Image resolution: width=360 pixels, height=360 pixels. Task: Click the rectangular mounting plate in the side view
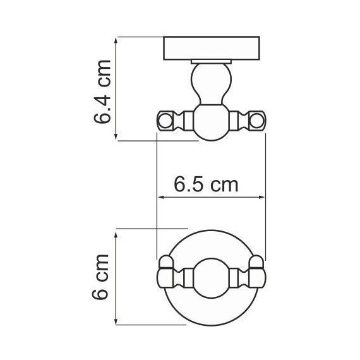click(x=213, y=49)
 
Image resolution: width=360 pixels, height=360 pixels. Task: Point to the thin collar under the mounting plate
click(x=212, y=62)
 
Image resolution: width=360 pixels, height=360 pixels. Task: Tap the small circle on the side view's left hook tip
click(x=166, y=119)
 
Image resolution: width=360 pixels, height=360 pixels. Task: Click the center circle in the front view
click(x=212, y=277)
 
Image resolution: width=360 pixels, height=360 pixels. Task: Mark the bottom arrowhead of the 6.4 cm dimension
click(x=117, y=137)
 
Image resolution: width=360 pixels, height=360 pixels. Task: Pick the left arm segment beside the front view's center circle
click(x=186, y=277)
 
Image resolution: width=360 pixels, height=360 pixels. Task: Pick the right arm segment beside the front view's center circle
click(x=239, y=277)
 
